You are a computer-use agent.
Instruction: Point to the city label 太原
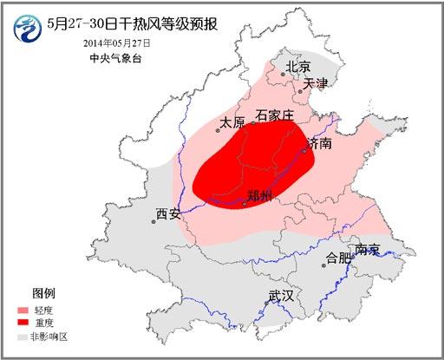coord(232,123)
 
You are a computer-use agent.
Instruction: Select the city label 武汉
coord(281,296)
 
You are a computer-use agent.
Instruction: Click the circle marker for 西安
coord(154,221)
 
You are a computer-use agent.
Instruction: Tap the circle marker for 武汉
coord(267,303)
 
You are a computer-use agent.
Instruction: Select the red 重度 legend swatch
coord(23,323)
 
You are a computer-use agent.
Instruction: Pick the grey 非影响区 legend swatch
coord(23,335)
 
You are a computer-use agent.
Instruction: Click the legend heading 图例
coord(44,292)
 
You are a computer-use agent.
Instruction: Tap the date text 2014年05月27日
coord(118,42)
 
